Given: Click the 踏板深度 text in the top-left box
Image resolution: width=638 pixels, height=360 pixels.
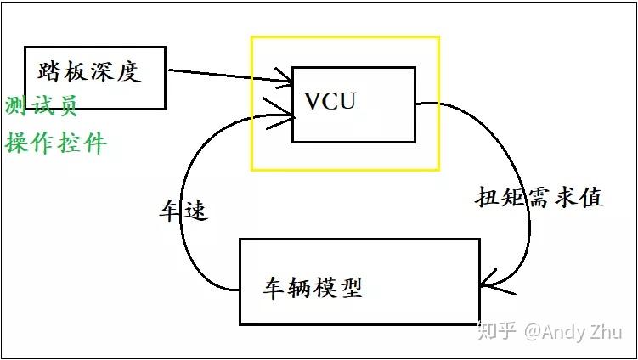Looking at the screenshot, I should pyautogui.click(x=88, y=71).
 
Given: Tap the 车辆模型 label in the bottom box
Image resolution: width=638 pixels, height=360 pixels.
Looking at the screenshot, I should pyautogui.click(x=312, y=287).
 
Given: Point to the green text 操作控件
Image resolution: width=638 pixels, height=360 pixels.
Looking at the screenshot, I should pyautogui.click(x=56, y=142).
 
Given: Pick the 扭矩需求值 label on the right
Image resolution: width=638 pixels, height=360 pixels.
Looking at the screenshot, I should pyautogui.click(x=538, y=197).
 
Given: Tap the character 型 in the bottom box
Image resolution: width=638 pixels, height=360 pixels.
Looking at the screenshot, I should pyautogui.click(x=350, y=287).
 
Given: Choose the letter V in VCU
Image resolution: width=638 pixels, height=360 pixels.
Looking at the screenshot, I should pyautogui.click(x=312, y=102).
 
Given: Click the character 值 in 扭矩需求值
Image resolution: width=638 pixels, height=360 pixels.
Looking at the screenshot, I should pyautogui.click(x=590, y=197).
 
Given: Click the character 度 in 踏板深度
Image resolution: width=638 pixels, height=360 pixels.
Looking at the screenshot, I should pyautogui.click(x=127, y=71).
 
